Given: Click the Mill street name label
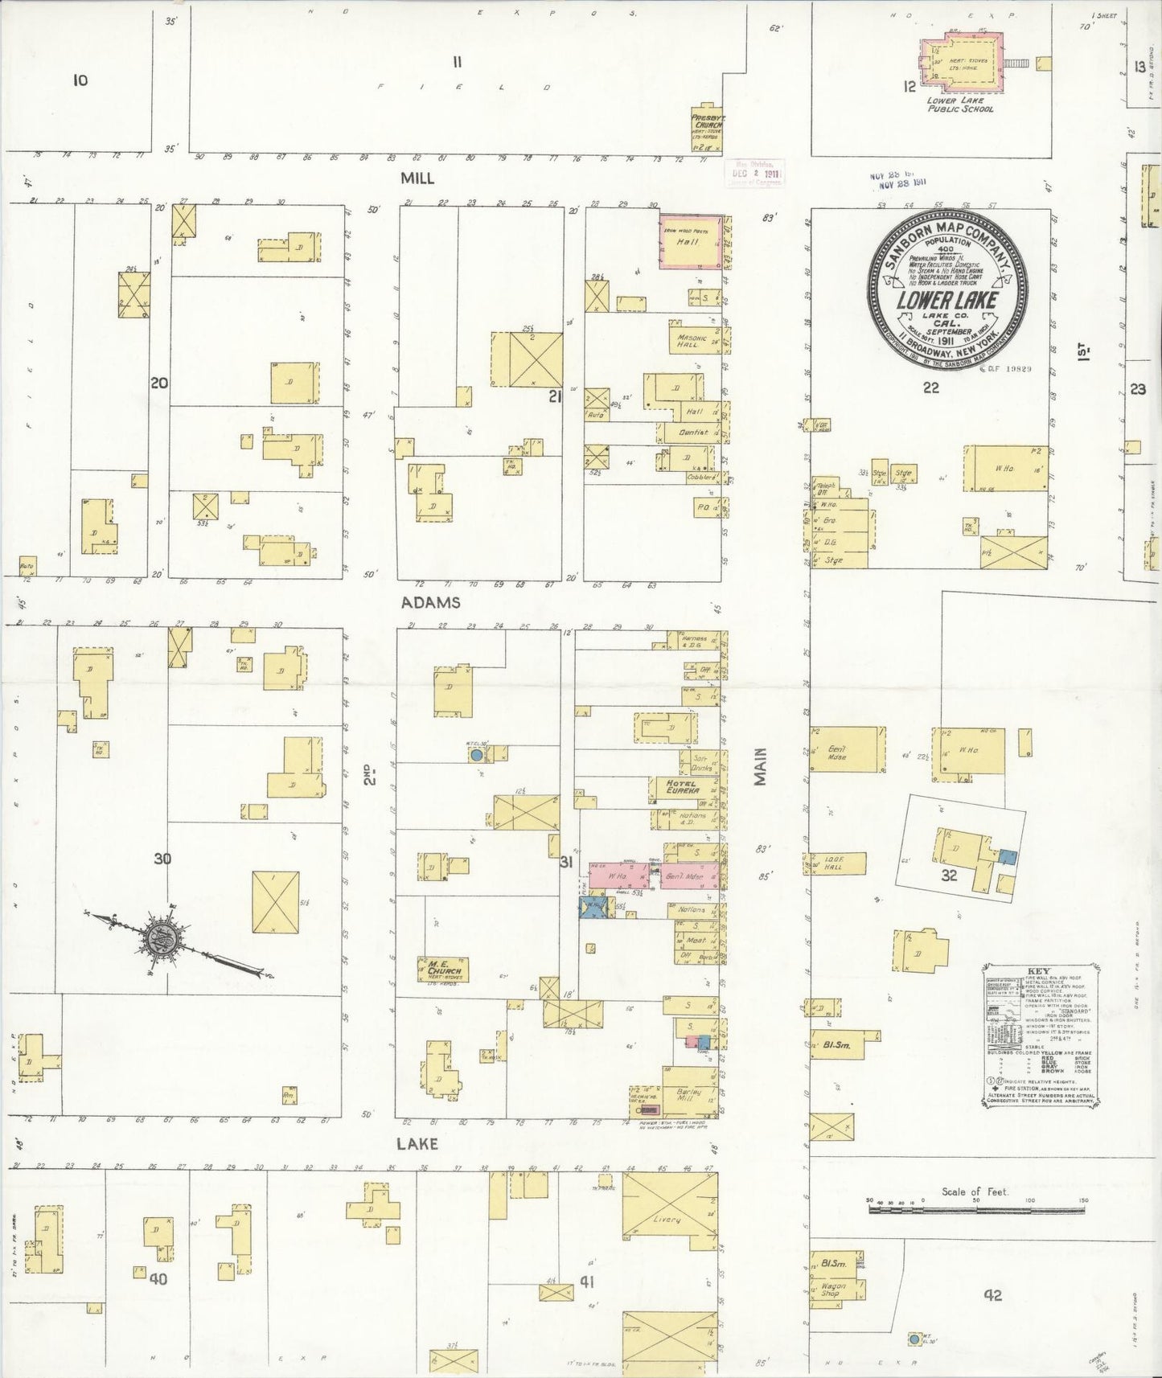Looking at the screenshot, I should coord(417,178).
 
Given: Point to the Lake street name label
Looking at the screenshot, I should coord(417,1143).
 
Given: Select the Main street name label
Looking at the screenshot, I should coord(761,766).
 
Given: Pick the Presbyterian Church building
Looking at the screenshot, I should coord(707,127).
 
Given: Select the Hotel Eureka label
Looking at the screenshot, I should coord(683,786).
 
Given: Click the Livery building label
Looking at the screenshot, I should coord(667,1220).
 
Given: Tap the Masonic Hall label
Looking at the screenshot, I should coord(692,341).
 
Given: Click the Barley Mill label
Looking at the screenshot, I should coord(689,1095).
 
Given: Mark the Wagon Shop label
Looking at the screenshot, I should coord(832,1290).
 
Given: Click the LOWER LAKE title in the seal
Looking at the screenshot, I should coord(948,301).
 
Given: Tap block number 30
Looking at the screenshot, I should coord(162,859).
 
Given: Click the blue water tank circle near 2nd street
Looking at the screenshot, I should coord(476,755).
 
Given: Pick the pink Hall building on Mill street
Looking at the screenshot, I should coord(690,240).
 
